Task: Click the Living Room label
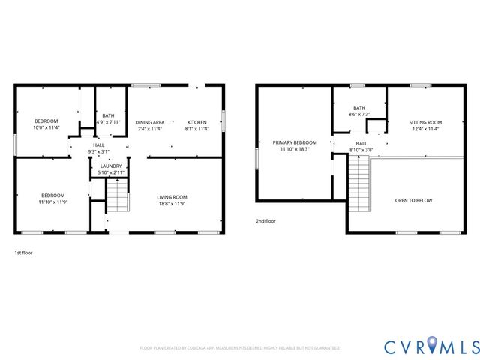coord(172,196)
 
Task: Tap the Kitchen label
coord(196,121)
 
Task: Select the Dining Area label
coord(150,121)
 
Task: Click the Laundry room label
coord(111,166)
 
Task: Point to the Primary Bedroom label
coord(295,142)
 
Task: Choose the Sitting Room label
coord(424,122)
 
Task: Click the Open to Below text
coord(414,201)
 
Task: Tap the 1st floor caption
coord(23,253)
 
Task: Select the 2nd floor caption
coord(265,222)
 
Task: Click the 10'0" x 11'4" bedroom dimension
coord(46,128)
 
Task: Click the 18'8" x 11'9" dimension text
coord(172,203)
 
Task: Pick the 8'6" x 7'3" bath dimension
coord(359,115)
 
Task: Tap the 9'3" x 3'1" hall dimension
coord(98,152)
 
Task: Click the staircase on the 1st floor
coord(118,198)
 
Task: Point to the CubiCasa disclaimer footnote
coord(240,348)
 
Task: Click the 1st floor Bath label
coord(109,115)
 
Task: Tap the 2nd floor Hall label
coord(361,143)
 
